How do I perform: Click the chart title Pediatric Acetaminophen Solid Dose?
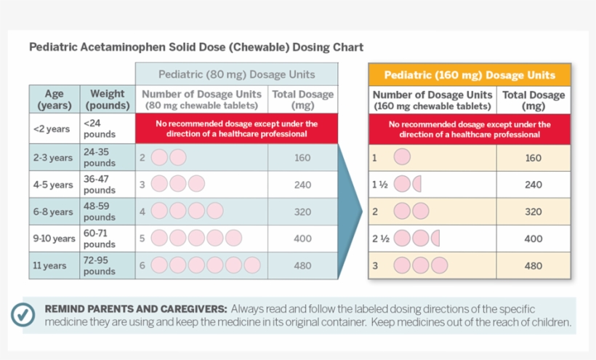[196, 47]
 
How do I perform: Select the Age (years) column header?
[54, 99]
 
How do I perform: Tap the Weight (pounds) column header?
[107, 99]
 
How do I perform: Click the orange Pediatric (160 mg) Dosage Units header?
[469, 75]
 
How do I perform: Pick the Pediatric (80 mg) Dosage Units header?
[236, 74]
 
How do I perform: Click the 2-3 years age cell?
[52, 158]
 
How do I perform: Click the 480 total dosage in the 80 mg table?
[302, 266]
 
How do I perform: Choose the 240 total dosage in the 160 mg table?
[533, 185]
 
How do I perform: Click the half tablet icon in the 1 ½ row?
[417, 185]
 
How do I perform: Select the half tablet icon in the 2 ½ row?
[435, 239]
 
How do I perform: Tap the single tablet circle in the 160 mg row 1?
[402, 158]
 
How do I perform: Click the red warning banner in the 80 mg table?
[236, 129]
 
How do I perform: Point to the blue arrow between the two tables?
[351, 211]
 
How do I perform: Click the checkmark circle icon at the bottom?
[23, 315]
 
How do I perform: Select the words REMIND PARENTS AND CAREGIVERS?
[135, 308]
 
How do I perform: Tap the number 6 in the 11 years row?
[142, 266]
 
